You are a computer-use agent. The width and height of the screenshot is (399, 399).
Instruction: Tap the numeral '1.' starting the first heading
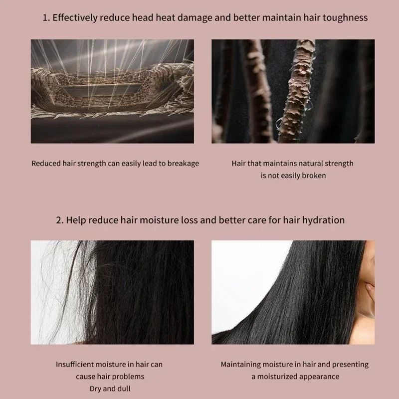[x=45, y=17]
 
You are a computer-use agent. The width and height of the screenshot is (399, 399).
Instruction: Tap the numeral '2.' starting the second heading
[x=59, y=220]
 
